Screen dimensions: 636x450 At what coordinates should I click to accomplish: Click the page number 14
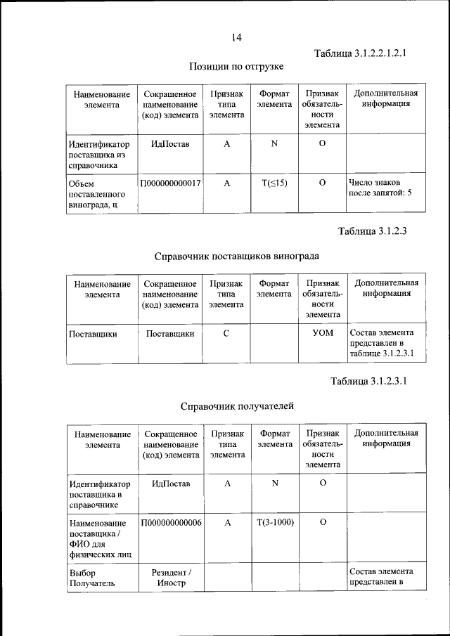click(236, 37)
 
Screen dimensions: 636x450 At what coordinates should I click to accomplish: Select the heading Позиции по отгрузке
click(236, 67)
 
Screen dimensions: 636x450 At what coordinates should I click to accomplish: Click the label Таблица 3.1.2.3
click(373, 231)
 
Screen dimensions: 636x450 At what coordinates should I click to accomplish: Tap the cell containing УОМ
click(322, 334)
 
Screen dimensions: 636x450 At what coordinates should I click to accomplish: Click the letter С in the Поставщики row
click(226, 334)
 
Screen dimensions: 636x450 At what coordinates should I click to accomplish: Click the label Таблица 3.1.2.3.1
click(368, 382)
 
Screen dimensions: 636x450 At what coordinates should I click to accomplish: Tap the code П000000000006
click(171, 523)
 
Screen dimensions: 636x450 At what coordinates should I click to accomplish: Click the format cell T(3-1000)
click(274, 523)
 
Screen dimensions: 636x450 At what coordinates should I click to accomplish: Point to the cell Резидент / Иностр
click(171, 577)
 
